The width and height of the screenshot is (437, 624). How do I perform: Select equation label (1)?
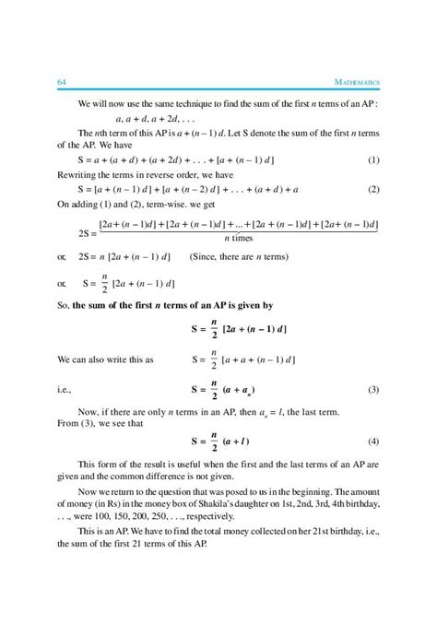tap(373, 159)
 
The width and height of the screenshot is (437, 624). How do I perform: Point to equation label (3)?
tap(373, 391)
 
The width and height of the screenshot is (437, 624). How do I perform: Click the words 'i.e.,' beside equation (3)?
tap(65, 391)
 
